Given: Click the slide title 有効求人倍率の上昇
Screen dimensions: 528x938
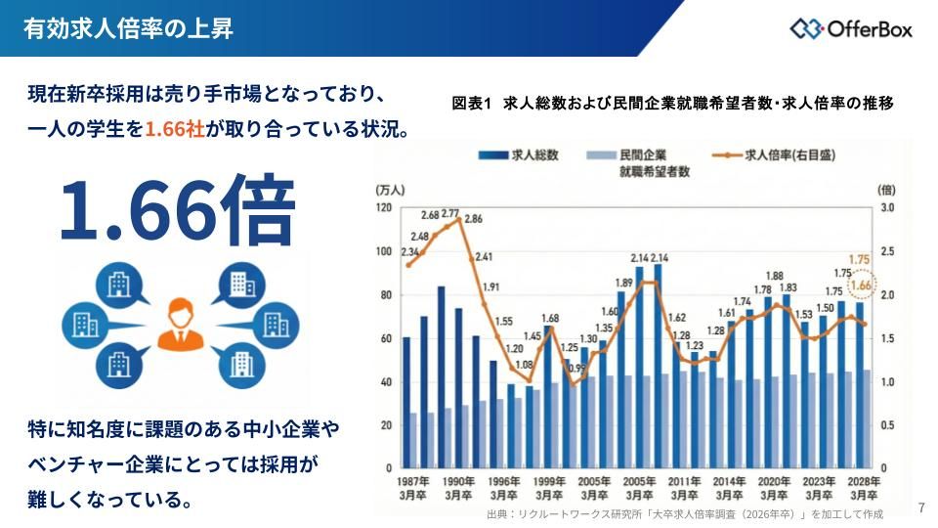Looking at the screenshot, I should coord(128,27).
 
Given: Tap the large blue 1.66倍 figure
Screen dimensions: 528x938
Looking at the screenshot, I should coord(177,209).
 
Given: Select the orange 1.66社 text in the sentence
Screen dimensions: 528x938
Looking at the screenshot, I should coord(175,129).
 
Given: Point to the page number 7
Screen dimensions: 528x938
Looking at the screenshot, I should coord(921,507).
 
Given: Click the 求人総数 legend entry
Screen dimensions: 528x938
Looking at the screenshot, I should coord(518,154).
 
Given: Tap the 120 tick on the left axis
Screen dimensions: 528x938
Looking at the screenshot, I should coord(384,208).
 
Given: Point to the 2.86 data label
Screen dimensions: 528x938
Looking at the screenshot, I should coord(473,219).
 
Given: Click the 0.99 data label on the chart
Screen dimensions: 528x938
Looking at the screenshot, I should coord(577,368).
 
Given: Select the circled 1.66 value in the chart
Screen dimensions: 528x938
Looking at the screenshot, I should coord(861,286).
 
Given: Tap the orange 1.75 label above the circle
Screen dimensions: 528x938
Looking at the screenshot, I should coord(860,260).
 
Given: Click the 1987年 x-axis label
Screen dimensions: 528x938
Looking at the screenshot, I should coord(412,482).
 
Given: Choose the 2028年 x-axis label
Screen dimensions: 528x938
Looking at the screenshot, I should coord(864,482).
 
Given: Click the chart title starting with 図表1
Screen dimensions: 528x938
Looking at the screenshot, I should coord(673,103).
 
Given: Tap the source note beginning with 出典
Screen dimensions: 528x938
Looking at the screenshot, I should coord(684,513).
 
